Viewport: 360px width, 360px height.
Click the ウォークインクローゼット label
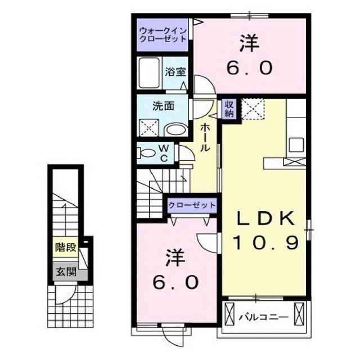(164, 35)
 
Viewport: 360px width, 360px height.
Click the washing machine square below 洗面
(150, 127)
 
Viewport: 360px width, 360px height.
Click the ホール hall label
(205, 138)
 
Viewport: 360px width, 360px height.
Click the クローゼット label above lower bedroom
(191, 205)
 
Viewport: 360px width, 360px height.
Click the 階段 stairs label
(63, 246)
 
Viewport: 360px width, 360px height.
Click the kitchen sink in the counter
(296, 145)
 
